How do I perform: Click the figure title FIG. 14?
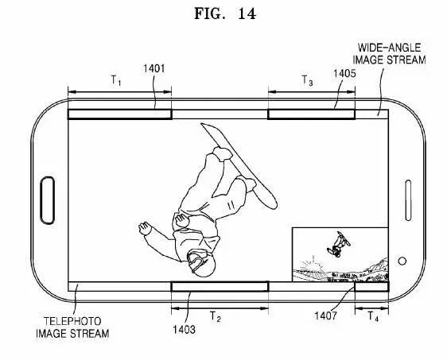pyautogui.click(x=225, y=14)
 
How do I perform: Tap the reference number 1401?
pyautogui.click(x=154, y=68)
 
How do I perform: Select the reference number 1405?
pyautogui.click(x=344, y=73)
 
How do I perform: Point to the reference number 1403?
pyautogui.click(x=185, y=330)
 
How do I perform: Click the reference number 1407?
pyautogui.click(x=325, y=315)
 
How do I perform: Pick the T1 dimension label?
pyautogui.click(x=116, y=80)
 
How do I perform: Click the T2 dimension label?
pyautogui.click(x=216, y=316)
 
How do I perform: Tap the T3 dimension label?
pyautogui.click(x=307, y=80)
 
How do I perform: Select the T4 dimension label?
pyautogui.click(x=373, y=316)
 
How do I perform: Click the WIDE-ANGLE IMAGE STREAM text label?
pyautogui.click(x=389, y=54)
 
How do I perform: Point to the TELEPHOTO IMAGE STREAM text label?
pyautogui.click(x=72, y=327)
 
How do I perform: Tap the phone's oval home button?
pyautogui.click(x=47, y=200)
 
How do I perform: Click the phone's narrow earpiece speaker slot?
pyautogui.click(x=408, y=200)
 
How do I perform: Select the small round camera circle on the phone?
pyautogui.click(x=402, y=261)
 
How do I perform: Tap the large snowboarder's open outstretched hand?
pyautogui.click(x=145, y=228)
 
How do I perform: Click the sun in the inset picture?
pyautogui.click(x=311, y=265)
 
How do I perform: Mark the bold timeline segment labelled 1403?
pyautogui.click(x=220, y=287)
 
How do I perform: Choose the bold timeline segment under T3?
pyautogui.click(x=311, y=114)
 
